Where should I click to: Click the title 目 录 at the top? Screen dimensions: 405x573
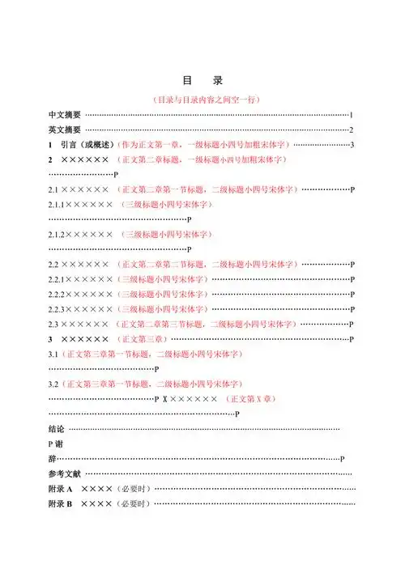[202, 81]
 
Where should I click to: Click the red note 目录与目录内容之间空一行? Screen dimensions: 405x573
[206, 100]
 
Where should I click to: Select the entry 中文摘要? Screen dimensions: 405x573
[64, 115]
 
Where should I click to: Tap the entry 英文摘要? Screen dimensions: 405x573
[64, 129]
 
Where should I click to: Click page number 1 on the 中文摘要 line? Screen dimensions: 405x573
[352, 115]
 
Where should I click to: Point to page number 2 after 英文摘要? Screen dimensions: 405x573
[352, 129]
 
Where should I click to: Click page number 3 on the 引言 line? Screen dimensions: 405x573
[352, 145]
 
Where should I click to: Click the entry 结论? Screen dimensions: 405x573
[57, 428]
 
